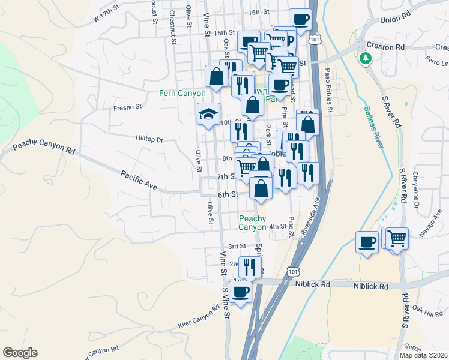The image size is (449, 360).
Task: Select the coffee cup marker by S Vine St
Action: [240, 292]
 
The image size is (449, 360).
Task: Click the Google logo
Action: [20, 353]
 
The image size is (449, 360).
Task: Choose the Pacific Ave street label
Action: [139, 181]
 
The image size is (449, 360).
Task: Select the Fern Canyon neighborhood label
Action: [182, 94]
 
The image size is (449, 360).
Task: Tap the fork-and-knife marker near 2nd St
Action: [249, 266]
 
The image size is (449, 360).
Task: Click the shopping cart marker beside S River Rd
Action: [397, 238]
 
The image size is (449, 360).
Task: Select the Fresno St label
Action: [127, 108]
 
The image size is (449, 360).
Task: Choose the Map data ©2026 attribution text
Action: [423, 355]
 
